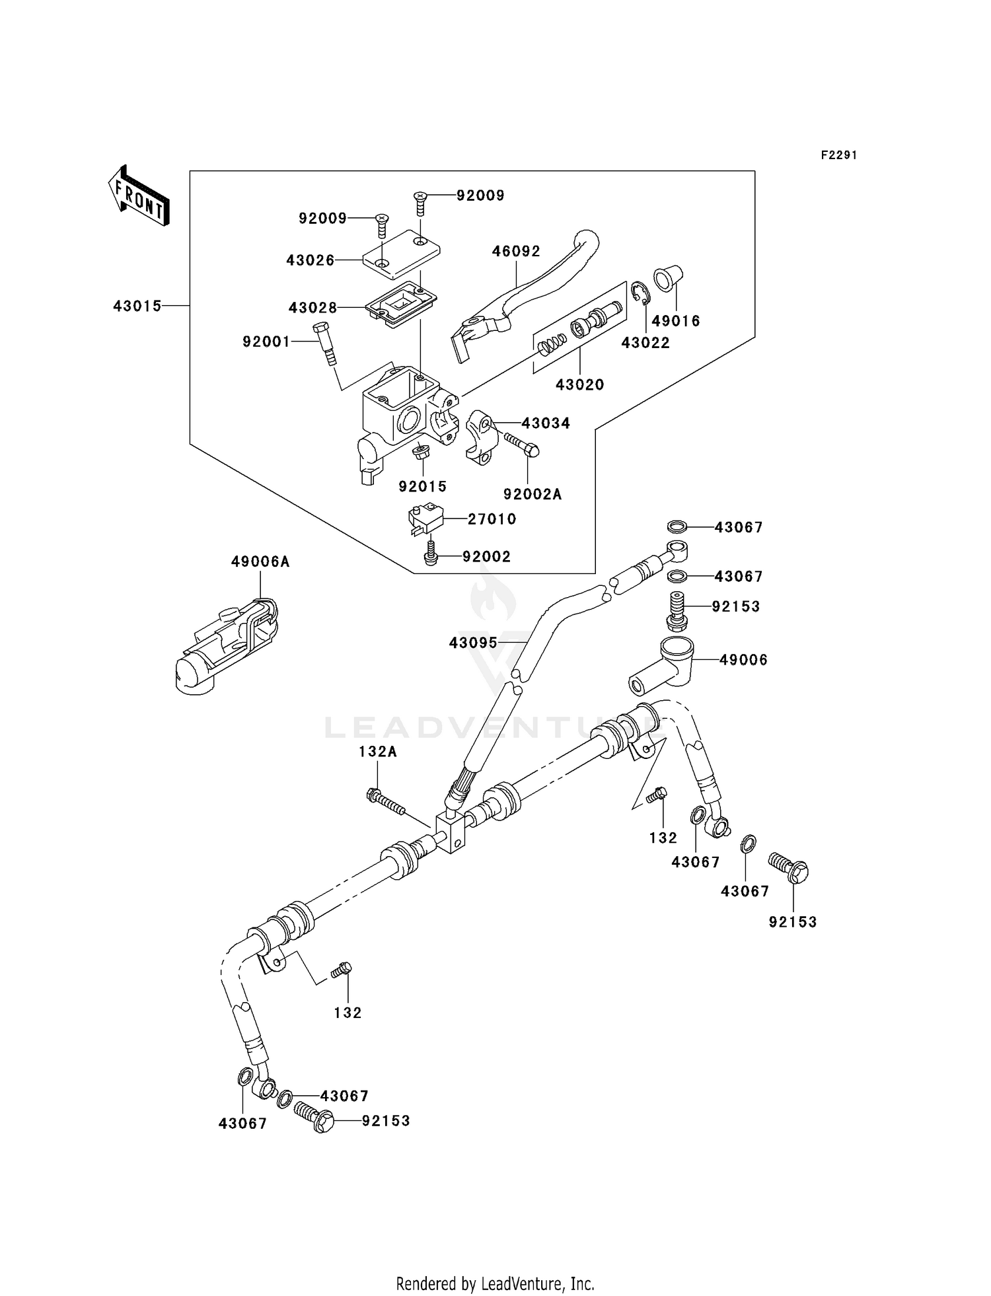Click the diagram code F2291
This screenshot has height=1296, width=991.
point(838,155)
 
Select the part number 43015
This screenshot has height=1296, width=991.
point(137,306)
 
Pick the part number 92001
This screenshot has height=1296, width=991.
point(266,342)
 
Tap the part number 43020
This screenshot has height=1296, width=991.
point(579,384)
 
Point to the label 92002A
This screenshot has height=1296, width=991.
point(532,494)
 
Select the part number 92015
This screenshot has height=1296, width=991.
point(422,487)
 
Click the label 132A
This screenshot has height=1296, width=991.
point(378,752)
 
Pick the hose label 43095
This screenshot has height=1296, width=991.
point(473,642)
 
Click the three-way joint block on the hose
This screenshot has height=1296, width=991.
point(453,834)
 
